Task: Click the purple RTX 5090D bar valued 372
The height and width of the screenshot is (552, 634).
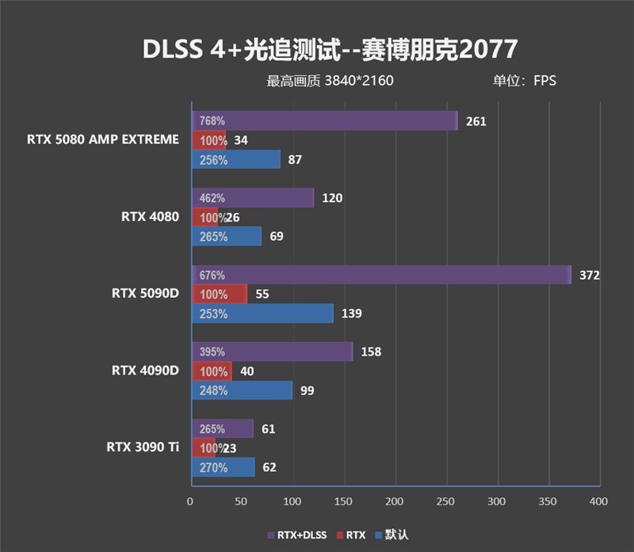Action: click(380, 275)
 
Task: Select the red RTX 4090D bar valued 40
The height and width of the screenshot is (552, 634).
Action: click(212, 371)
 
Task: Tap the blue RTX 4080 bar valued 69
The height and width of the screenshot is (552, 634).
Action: click(227, 236)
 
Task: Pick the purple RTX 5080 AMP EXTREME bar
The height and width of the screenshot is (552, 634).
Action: click(324, 121)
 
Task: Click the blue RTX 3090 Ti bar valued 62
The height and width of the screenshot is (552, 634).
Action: click(223, 467)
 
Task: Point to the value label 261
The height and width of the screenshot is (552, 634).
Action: click(476, 121)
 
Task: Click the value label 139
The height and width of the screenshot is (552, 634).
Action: click(351, 314)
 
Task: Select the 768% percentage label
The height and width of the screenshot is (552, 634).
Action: click(212, 121)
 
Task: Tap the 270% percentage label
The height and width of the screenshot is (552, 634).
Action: click(213, 467)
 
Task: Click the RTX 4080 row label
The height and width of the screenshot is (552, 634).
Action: click(151, 216)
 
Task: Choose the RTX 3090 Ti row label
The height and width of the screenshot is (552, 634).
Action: click(143, 447)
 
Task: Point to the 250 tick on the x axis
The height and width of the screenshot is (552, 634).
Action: click(445, 501)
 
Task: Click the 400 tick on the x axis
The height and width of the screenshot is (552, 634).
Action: click(598, 501)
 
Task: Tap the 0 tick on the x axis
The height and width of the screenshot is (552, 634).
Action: click(190, 501)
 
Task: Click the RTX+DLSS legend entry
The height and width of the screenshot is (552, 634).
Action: click(298, 535)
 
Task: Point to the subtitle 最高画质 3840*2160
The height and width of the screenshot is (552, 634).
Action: click(330, 80)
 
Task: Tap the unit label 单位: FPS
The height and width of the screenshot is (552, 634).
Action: click(525, 80)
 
